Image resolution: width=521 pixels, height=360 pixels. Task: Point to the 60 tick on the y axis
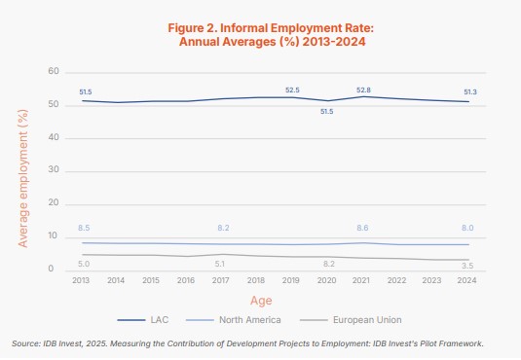click(x=55, y=72)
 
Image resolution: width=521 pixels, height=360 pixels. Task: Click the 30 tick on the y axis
click(x=55, y=171)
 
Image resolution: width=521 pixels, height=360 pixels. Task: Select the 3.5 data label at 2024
click(x=467, y=265)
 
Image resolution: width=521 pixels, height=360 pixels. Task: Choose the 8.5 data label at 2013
click(x=84, y=228)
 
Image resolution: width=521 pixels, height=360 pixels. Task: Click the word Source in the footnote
click(x=25, y=343)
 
